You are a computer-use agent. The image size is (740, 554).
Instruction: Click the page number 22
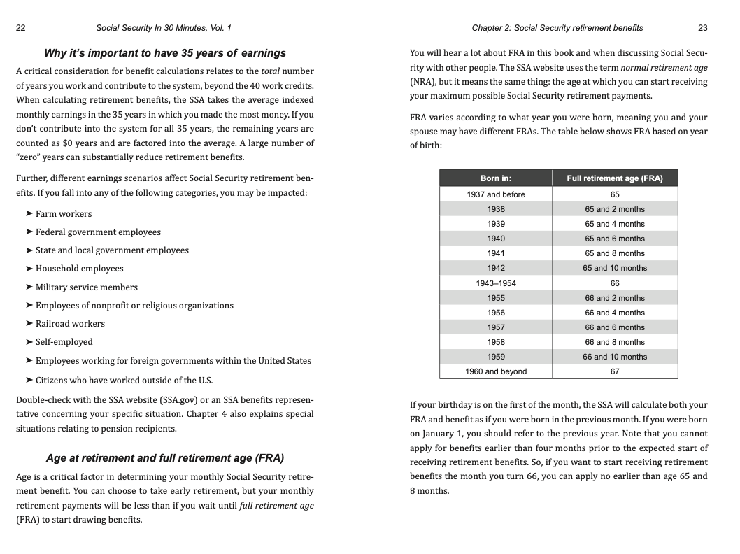pyautogui.click(x=20, y=28)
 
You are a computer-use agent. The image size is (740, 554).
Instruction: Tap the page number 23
pyautogui.click(x=702, y=28)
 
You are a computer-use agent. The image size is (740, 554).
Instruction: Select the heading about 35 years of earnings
pyautogui.click(x=165, y=53)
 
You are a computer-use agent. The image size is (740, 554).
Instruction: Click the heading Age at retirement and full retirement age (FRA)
pyautogui.click(x=165, y=458)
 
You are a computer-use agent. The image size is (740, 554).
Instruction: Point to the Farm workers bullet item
pyautogui.click(x=63, y=214)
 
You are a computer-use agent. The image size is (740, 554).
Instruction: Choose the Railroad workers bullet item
pyautogui.click(x=70, y=324)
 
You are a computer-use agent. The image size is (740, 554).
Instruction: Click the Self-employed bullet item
pyautogui.click(x=64, y=342)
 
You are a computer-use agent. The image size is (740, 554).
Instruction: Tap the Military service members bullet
pyautogui.click(x=86, y=287)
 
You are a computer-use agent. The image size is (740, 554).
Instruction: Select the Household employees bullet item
pyautogui.click(x=79, y=269)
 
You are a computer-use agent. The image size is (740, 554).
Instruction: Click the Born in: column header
pyautogui.click(x=496, y=178)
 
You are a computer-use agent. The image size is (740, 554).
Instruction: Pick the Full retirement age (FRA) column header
pyautogui.click(x=614, y=178)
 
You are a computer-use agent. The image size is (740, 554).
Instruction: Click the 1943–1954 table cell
pyautogui.click(x=496, y=283)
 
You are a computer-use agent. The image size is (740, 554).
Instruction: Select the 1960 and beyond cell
pyautogui.click(x=496, y=371)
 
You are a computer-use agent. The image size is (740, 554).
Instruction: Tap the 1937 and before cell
pyautogui.click(x=496, y=194)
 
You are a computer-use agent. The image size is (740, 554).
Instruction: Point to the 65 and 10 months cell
pyautogui.click(x=615, y=268)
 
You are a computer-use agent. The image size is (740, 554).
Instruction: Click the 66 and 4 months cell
pyautogui.click(x=615, y=313)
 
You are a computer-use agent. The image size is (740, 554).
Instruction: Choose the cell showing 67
pyautogui.click(x=615, y=371)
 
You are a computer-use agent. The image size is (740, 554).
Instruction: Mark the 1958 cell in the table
pyautogui.click(x=496, y=342)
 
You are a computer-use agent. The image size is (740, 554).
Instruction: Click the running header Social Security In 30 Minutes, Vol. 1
pyautogui.click(x=163, y=28)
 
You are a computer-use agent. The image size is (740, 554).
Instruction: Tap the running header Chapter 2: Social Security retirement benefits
pyautogui.click(x=557, y=28)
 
